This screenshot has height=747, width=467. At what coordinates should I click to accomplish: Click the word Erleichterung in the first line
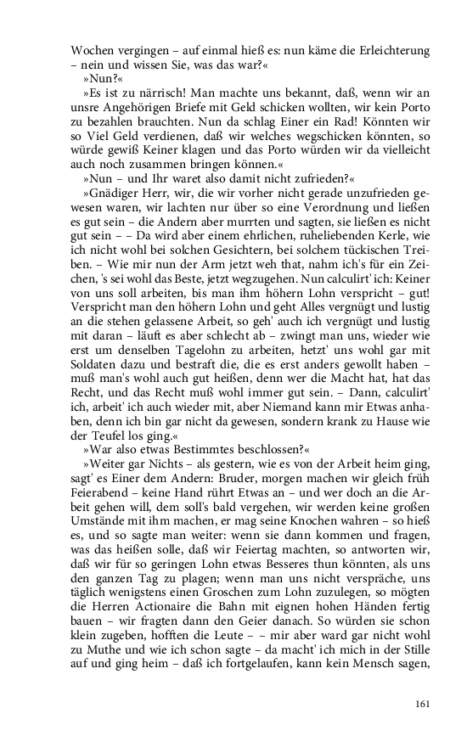pyautogui.click(x=387, y=51)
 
